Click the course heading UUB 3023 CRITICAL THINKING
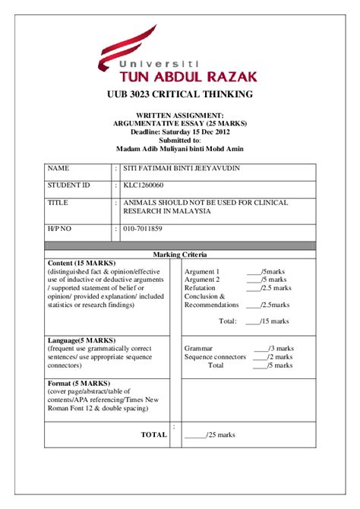pyautogui.click(x=179, y=94)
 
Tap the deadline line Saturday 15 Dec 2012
pyautogui.click(x=179, y=131)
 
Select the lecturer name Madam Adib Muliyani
pyautogui.click(x=179, y=148)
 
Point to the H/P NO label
pyautogui.click(x=62, y=228)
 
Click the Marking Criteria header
pyautogui.click(x=180, y=254)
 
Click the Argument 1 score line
pyautogui.click(x=235, y=271)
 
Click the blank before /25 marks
pyautogui.click(x=195, y=435)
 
